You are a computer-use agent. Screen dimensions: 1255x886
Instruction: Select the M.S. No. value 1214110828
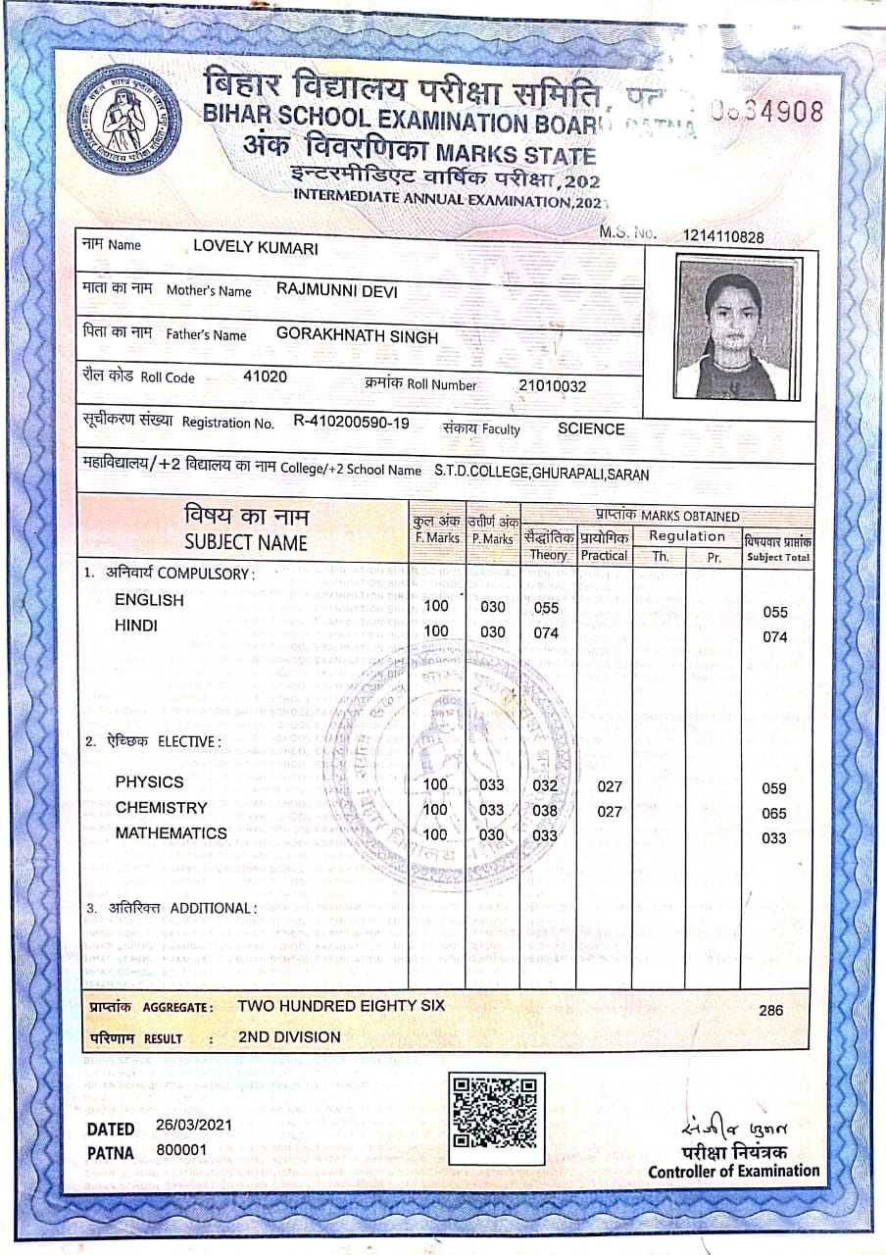click(724, 237)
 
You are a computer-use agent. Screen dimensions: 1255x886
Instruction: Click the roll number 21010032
click(553, 386)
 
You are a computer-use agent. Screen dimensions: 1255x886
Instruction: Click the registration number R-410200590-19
click(352, 424)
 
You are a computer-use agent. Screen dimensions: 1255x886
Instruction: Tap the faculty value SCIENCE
click(591, 428)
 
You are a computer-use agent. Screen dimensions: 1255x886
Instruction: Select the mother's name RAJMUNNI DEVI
click(337, 290)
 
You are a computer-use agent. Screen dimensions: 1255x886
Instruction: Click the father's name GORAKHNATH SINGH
click(357, 335)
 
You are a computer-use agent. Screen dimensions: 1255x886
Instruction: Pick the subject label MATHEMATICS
click(171, 833)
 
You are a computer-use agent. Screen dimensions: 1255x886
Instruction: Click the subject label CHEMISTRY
click(162, 808)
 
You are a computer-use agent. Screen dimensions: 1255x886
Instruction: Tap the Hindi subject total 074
click(774, 637)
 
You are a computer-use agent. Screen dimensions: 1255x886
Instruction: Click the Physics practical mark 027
click(610, 786)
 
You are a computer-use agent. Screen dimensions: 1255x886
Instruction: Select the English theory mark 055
click(546, 608)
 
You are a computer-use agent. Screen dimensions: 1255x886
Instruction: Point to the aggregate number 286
click(771, 1010)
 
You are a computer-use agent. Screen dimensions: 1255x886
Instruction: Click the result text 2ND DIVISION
click(289, 1036)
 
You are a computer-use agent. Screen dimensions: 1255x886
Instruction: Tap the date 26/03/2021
click(193, 1125)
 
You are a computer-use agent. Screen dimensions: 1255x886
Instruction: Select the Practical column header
click(604, 555)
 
